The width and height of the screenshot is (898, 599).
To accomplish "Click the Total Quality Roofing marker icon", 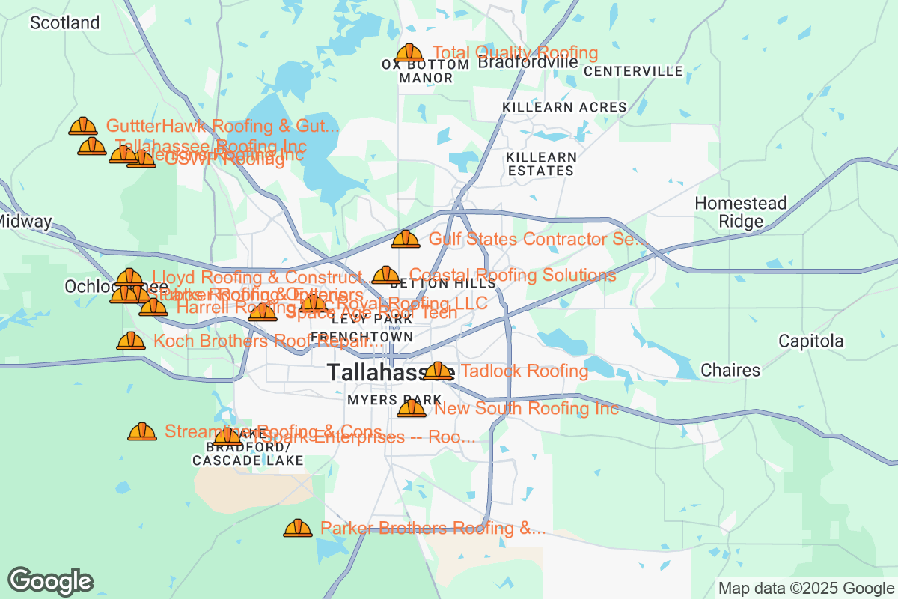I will (409, 53).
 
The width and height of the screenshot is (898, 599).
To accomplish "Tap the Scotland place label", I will (64, 23).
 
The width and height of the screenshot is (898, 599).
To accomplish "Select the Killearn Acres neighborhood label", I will (564, 107).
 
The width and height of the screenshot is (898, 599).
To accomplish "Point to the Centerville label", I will (633, 71).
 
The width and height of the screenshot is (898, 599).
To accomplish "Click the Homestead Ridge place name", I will (741, 212).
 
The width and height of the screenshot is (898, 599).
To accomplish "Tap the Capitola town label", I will (810, 341).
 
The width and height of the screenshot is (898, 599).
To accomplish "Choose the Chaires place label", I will (730, 370).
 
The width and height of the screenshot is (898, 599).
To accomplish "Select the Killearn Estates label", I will (541, 164).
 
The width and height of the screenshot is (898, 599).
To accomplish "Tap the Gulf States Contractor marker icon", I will (406, 240).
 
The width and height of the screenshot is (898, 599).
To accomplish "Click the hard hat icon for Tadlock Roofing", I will (438, 371).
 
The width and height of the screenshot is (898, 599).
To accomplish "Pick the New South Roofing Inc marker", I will (411, 408).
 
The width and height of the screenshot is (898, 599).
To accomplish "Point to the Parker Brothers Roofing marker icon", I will (297, 529).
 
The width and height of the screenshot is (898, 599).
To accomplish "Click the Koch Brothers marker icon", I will (131, 341).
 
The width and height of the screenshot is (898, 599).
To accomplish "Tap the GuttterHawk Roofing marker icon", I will (83, 126).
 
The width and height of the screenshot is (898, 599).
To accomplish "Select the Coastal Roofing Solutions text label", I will (513, 275).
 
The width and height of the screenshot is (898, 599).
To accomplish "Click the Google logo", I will (50, 581).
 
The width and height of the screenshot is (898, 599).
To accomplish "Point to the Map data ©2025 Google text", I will (806, 588).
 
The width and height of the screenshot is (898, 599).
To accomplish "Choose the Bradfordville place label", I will (528, 62).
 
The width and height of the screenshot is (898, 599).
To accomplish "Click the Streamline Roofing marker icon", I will (141, 432).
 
